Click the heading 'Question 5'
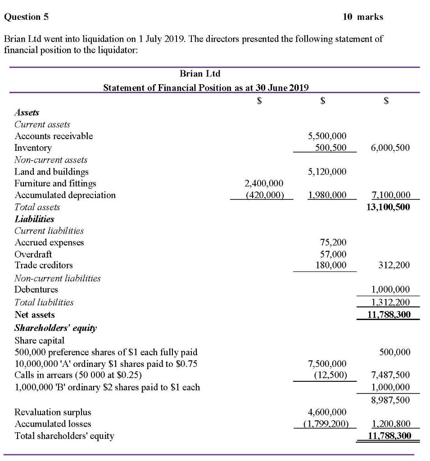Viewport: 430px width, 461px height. coord(26,17)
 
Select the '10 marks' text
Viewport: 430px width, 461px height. coord(362,17)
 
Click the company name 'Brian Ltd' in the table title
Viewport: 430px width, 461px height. coord(200,73)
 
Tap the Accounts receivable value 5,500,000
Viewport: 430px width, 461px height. coord(327,136)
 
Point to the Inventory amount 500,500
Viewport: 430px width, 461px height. coord(330,148)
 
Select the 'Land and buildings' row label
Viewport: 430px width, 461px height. coord(51,172)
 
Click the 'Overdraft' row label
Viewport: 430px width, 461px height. coord(33,254)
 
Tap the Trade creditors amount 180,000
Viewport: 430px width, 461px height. coord(332,266)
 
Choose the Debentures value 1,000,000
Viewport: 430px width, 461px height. coord(389,289)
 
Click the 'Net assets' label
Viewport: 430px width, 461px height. coord(35,315)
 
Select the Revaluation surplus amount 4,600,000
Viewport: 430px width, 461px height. coord(327,412)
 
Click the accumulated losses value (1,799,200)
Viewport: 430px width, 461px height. coord(325,424)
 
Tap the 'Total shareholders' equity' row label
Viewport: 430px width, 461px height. coord(64,435)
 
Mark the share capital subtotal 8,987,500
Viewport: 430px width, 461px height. coord(389,400)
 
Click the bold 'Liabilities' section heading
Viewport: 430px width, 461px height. coord(34,219)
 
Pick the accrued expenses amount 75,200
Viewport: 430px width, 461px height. coord(334,243)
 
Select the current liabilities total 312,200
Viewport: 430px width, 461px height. coord(394,266)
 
